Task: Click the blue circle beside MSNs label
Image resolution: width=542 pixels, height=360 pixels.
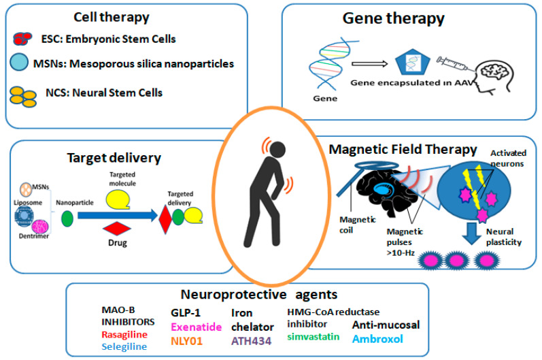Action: point(23,65)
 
